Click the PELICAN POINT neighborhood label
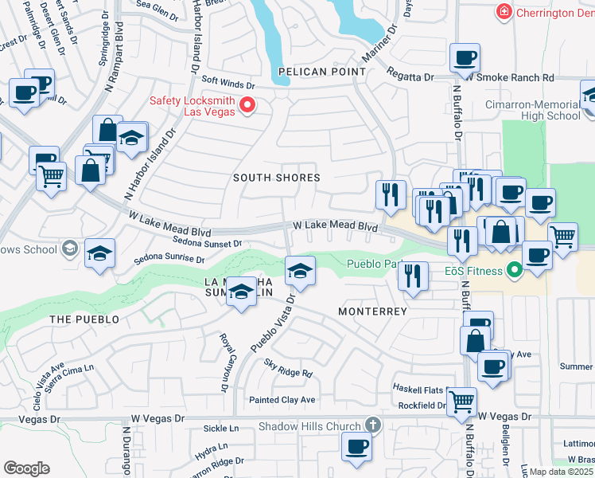tap(322, 72)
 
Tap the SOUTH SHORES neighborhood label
tap(276, 178)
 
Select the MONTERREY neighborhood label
tap(372, 311)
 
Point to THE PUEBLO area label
tap(84, 319)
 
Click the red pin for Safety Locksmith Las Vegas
tap(247, 105)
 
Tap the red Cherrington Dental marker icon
tap(502, 12)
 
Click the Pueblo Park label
tap(372, 264)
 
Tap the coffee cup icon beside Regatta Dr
tap(465, 57)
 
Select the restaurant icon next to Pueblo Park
tap(411, 276)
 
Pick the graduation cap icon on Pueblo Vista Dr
tap(300, 272)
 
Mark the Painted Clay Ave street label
tap(282, 400)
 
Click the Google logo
tap(26, 468)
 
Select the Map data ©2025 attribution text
tap(561, 472)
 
